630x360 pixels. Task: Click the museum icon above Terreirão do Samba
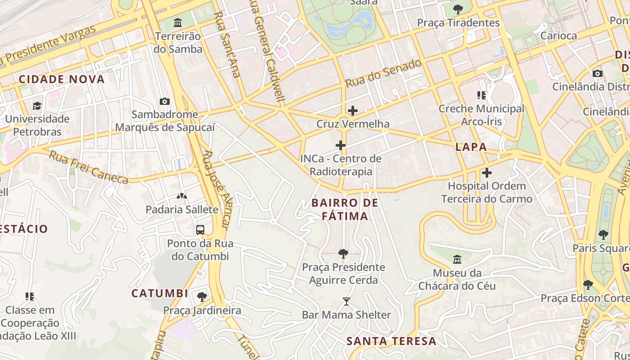[x=178, y=22]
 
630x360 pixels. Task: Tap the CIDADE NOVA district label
[x=62, y=80]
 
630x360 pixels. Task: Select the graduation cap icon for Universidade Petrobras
[x=37, y=106]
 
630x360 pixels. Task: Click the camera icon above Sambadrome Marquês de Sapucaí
[x=165, y=101]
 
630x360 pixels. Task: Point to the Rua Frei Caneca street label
[x=89, y=167]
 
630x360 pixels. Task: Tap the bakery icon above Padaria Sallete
[x=181, y=196]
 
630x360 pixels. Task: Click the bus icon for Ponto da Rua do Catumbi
[x=200, y=230]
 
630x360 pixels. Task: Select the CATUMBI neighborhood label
[x=160, y=293]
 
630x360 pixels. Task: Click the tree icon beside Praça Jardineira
[x=202, y=297]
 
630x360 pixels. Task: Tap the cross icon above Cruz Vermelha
[x=353, y=110]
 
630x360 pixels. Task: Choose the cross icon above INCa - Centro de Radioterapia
[x=341, y=145]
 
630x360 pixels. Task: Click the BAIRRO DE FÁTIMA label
[x=345, y=210]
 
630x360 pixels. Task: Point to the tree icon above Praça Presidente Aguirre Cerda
[x=343, y=254]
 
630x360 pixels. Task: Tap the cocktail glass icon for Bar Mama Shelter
[x=346, y=301]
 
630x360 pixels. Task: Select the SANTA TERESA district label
[x=391, y=341]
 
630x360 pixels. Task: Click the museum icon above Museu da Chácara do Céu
[x=457, y=259]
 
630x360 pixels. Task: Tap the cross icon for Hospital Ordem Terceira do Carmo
[x=486, y=173]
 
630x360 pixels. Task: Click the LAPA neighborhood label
[x=471, y=147]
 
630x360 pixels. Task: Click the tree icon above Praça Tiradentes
[x=458, y=9]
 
